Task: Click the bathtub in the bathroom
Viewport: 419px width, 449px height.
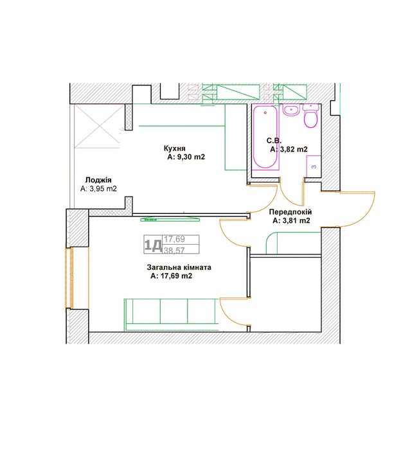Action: (x=265, y=137)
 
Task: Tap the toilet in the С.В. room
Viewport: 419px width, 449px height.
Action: (x=311, y=116)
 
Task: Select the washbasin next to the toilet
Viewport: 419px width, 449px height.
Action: (x=291, y=110)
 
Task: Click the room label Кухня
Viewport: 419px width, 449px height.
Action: (x=174, y=148)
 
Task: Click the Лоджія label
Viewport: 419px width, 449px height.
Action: (x=98, y=180)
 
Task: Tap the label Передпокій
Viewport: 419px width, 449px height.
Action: (x=290, y=212)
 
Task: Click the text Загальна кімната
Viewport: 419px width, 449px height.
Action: (x=179, y=267)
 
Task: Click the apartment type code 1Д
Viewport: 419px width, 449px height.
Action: (x=153, y=245)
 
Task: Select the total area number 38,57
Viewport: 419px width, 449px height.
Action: (x=174, y=251)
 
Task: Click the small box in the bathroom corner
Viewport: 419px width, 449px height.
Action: (x=314, y=166)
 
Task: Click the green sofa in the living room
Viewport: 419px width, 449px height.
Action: (x=172, y=315)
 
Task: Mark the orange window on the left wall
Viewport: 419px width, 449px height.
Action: (x=69, y=278)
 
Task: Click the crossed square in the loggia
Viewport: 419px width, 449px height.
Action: (x=97, y=127)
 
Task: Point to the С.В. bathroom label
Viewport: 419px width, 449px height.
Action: (x=274, y=141)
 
